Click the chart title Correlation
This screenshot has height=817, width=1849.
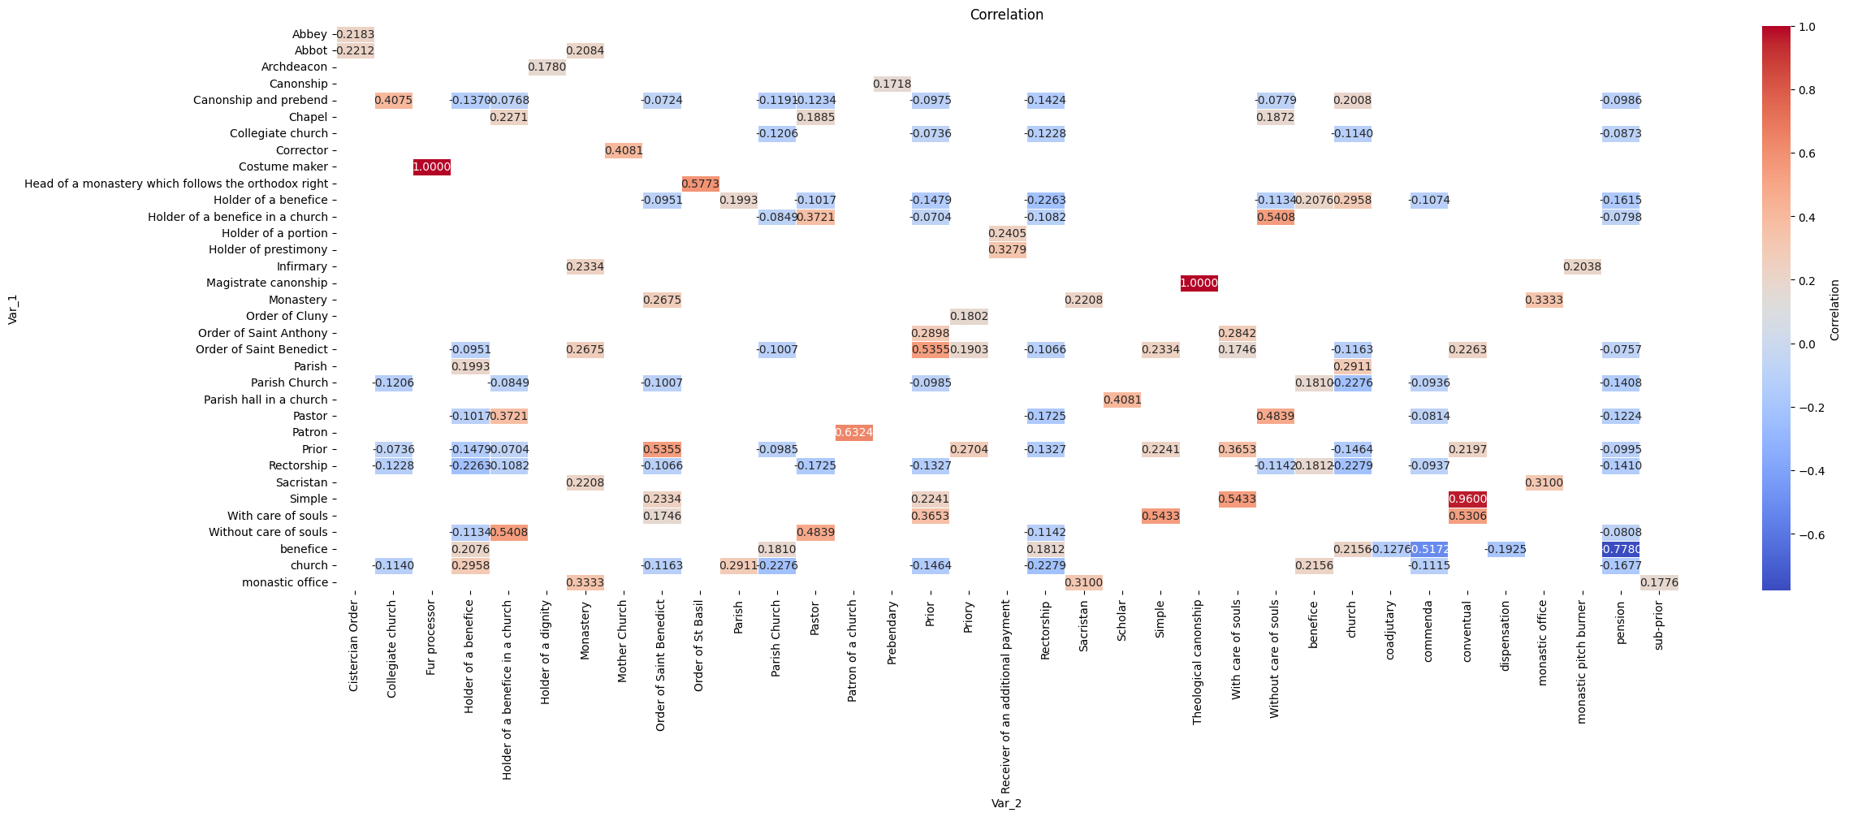1006,15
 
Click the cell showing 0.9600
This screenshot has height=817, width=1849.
1467,499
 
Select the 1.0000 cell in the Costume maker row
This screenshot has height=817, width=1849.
432,167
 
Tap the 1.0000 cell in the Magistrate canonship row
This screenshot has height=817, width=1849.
1199,283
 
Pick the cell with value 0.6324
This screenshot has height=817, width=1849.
853,433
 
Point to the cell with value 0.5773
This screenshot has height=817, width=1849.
700,184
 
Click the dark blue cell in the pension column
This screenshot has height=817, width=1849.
1621,550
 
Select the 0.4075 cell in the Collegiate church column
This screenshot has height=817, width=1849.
393,101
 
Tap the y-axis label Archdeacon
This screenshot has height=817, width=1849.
294,67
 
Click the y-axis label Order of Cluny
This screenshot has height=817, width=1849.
287,317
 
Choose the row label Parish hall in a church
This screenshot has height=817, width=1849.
266,400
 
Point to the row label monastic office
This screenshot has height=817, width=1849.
284,582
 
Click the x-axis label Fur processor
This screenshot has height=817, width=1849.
431,638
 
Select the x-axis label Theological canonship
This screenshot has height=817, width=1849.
1198,662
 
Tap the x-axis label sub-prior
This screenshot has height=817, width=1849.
1658,625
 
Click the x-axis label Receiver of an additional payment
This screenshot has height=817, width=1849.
1006,697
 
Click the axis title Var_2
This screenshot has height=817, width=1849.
1006,803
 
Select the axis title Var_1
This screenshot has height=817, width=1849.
13,309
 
